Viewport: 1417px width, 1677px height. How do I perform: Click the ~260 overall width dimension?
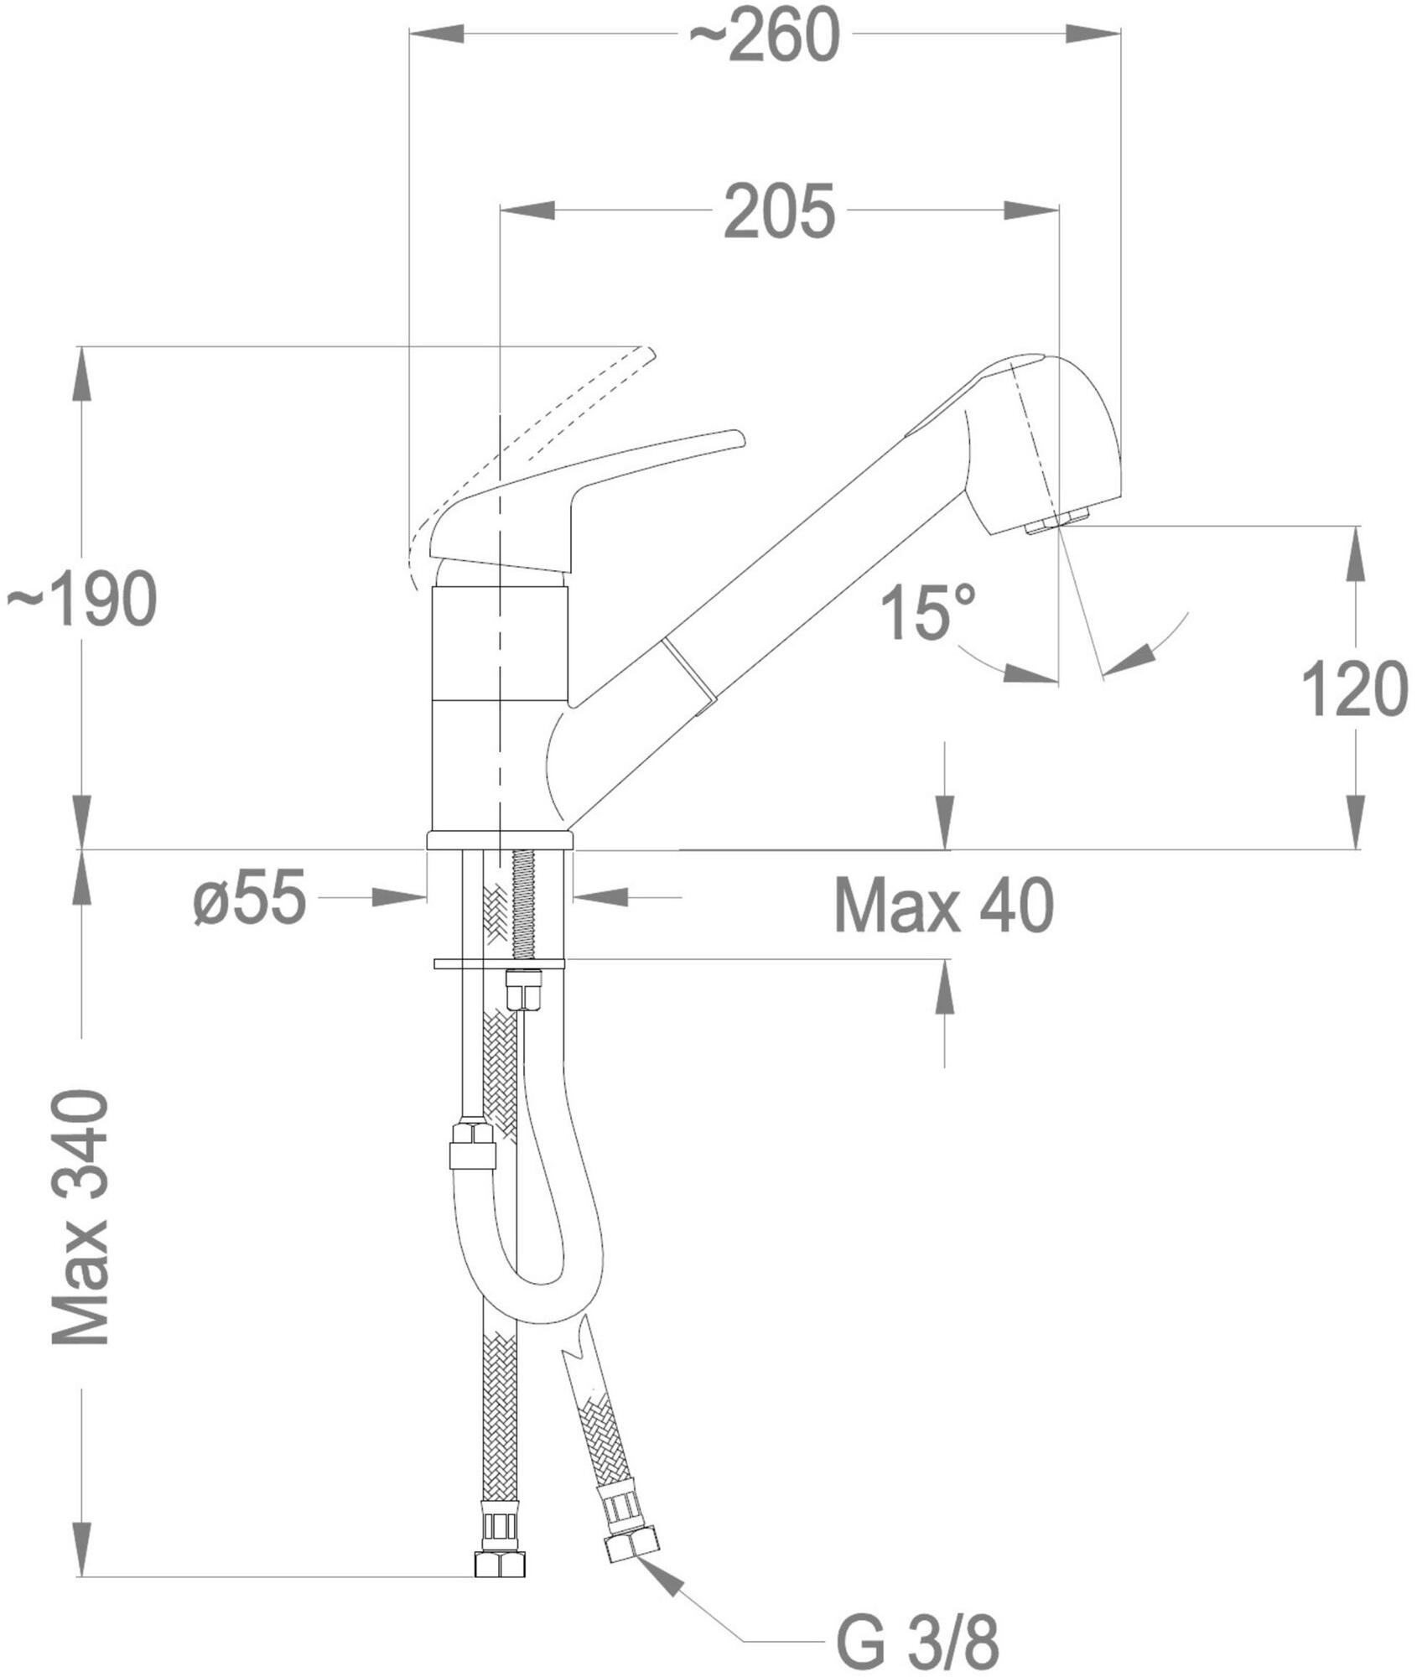763,36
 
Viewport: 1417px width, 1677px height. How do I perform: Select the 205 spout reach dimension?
780,210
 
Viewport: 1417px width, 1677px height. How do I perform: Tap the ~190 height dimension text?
81,599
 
